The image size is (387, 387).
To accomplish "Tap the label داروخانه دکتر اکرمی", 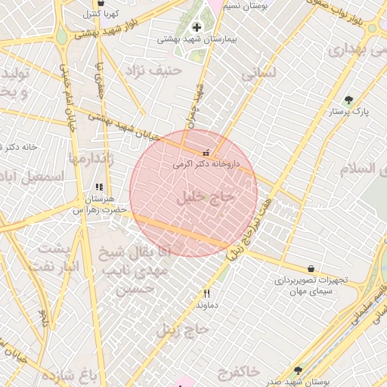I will click(206, 163).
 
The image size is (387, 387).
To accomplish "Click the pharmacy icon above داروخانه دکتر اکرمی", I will click(207, 153).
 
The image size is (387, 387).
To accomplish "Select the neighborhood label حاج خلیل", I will click(206, 198).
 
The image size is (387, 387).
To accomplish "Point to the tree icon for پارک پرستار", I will click(348, 100).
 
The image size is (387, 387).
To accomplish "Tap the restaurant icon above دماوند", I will click(206, 293).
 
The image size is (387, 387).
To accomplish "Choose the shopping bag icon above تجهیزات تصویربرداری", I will click(311, 268).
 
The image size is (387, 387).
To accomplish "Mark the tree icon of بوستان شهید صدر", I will click(298, 370).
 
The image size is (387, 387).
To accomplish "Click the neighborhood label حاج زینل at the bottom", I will click(182, 329).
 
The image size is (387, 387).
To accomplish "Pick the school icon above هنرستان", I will click(98, 186).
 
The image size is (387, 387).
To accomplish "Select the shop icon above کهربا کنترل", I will click(92, 3).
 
